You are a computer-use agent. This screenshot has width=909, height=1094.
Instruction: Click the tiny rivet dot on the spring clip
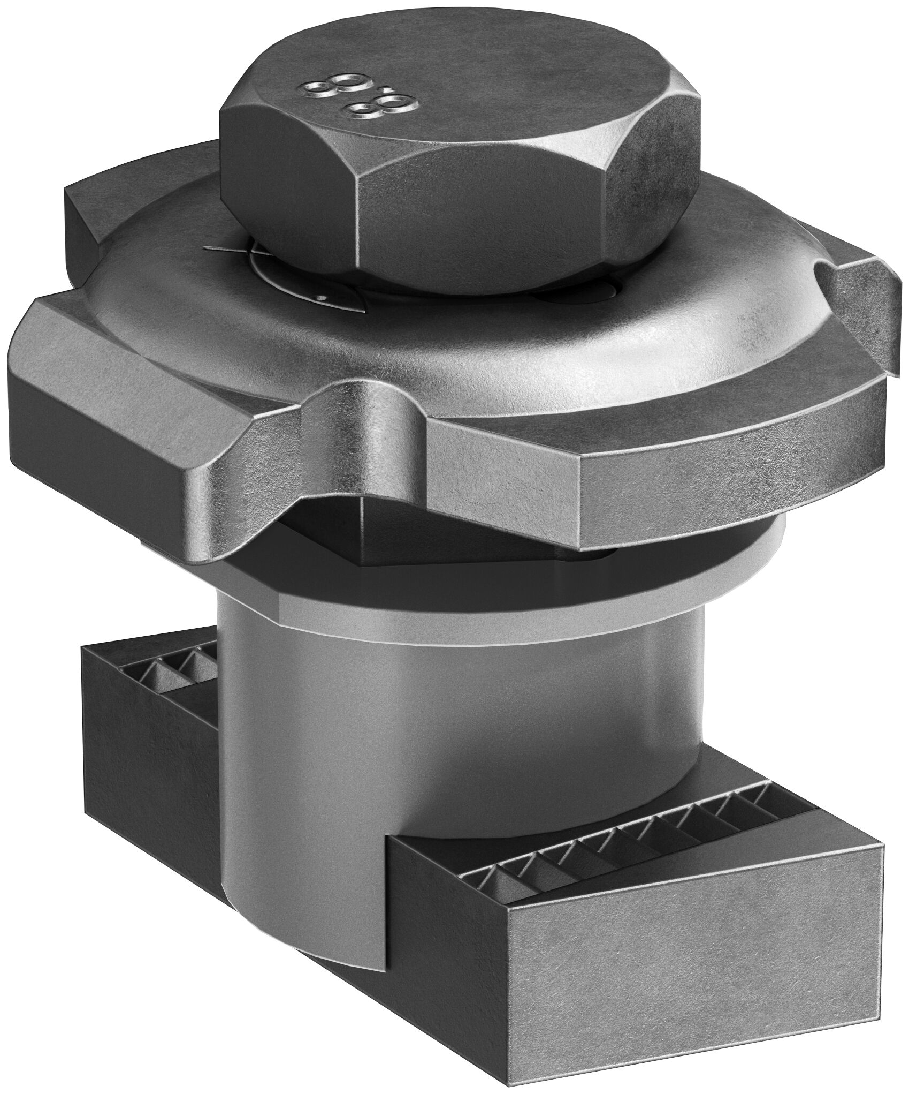click(319, 298)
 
